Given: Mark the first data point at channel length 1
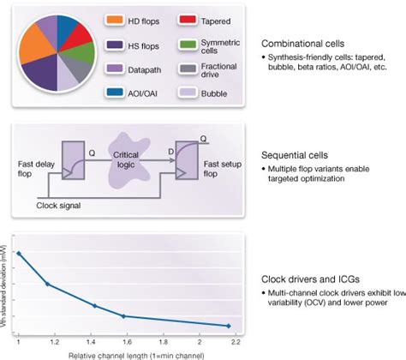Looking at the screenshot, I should [20, 253].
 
